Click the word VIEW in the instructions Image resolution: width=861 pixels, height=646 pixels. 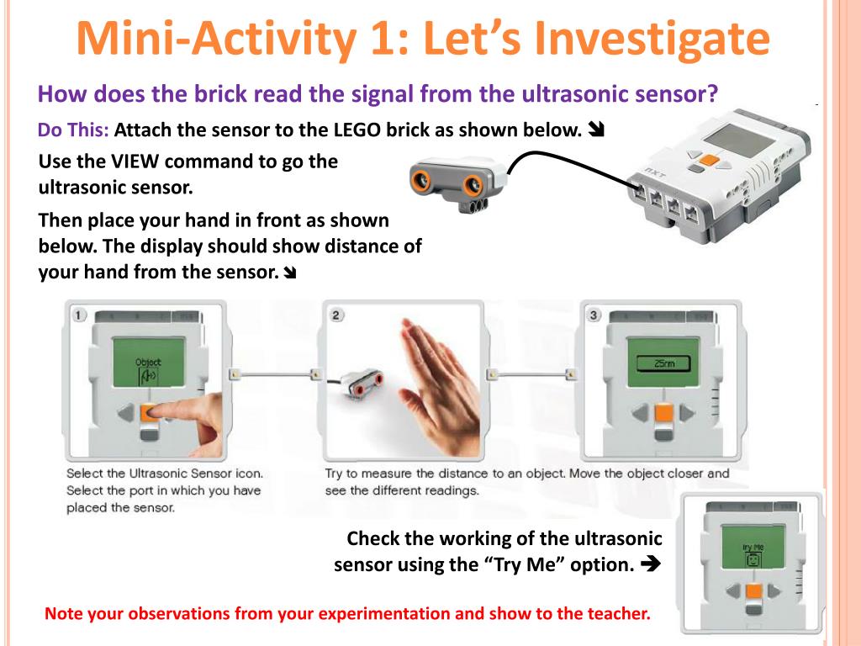tap(135, 161)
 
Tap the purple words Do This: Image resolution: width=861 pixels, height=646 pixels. tap(73, 130)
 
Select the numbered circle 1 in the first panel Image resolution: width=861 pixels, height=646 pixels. tap(79, 315)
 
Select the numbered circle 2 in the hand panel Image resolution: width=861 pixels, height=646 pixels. tap(336, 315)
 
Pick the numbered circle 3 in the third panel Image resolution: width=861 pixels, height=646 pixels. tap(594, 315)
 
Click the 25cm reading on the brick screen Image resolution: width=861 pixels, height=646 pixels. tap(663, 363)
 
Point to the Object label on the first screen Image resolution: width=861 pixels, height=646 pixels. tap(148, 362)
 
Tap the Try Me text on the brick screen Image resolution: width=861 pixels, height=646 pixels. tap(753, 547)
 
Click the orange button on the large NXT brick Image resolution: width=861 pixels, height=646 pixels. tap(710, 161)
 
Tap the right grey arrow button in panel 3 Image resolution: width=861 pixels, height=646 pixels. tap(686, 413)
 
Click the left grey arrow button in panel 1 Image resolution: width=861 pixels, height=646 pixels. tap(126, 413)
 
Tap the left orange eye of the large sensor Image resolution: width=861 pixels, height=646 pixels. tap(422, 179)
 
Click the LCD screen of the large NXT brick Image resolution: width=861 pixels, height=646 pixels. tap(738, 138)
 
